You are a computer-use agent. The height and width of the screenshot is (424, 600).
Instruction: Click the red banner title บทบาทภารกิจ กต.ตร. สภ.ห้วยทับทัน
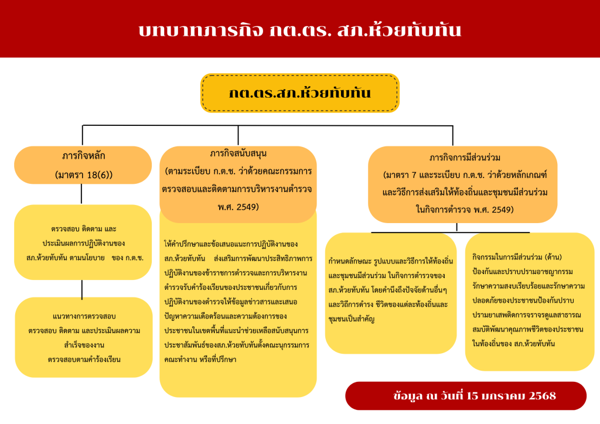[299, 30]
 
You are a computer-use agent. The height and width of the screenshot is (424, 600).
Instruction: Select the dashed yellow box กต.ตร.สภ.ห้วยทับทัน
[300, 93]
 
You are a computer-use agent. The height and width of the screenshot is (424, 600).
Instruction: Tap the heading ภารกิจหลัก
[83, 156]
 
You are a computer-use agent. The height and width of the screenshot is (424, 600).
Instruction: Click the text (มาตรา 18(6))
[83, 175]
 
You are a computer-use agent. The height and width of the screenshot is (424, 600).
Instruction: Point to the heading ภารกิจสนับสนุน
[238, 153]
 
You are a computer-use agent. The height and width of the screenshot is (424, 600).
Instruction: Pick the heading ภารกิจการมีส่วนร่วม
[465, 158]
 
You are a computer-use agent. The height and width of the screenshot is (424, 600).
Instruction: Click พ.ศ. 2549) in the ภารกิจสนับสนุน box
[238, 207]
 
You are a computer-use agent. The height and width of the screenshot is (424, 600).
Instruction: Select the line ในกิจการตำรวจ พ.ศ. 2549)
[465, 210]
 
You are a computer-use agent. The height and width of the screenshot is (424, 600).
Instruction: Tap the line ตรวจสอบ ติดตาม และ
[83, 229]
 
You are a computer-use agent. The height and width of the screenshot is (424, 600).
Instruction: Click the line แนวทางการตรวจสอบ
[84, 316]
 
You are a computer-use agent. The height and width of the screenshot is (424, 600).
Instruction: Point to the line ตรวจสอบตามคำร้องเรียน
[84, 360]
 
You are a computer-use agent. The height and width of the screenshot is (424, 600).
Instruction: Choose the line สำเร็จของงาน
[84, 345]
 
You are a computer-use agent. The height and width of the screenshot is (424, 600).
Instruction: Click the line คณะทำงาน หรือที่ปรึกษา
[200, 360]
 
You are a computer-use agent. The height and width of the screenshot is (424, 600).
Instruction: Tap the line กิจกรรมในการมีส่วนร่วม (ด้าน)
[517, 257]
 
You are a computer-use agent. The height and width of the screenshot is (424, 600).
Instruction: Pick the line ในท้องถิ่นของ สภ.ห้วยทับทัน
[513, 343]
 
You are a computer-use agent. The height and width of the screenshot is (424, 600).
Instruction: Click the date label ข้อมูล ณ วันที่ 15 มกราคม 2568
[475, 396]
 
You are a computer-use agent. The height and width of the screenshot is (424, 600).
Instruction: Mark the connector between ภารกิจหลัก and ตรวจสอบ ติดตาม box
[81, 194]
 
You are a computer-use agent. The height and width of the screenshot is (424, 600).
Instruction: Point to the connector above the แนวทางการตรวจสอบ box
[82, 289]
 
